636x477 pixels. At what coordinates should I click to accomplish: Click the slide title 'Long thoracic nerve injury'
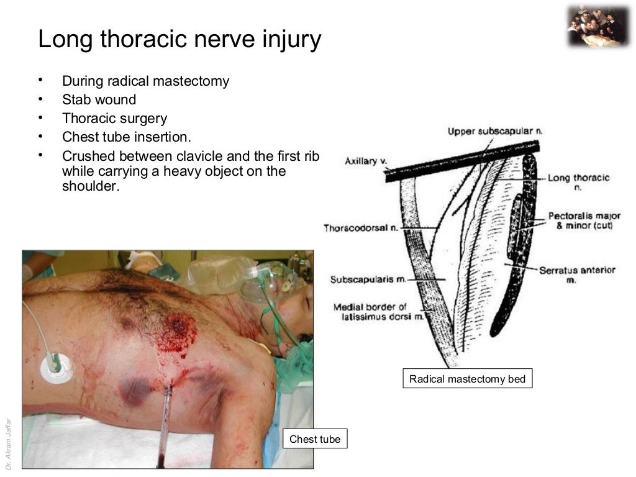pyautogui.click(x=179, y=40)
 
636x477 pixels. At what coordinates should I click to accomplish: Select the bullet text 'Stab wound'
pyautogui.click(x=99, y=99)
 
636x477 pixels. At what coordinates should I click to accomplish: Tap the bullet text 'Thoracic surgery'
pyautogui.click(x=114, y=118)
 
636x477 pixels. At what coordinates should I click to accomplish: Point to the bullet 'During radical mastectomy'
pyautogui.click(x=145, y=81)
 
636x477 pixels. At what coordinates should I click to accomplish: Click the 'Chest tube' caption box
pyautogui.click(x=315, y=439)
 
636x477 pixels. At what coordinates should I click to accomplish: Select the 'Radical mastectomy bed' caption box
pyautogui.click(x=467, y=379)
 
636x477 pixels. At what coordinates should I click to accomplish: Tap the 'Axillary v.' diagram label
pyautogui.click(x=366, y=161)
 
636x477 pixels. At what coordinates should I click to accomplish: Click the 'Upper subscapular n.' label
pyautogui.click(x=495, y=132)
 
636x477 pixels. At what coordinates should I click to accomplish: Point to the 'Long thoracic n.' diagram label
pyautogui.click(x=578, y=181)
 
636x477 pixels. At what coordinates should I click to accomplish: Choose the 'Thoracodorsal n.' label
pyautogui.click(x=360, y=228)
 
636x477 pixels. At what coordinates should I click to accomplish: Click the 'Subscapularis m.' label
pyautogui.click(x=368, y=279)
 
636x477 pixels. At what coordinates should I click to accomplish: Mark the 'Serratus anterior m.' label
pyautogui.click(x=577, y=275)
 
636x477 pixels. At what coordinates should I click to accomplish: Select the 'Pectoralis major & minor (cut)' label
pyautogui.click(x=584, y=220)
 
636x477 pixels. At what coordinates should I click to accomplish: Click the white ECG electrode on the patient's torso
pyautogui.click(x=57, y=370)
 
